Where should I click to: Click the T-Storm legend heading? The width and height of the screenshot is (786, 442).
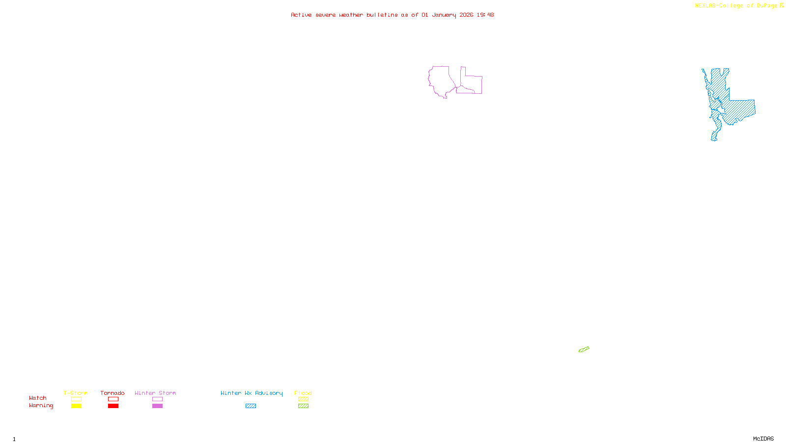76,393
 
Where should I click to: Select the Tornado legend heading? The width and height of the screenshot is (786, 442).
112,393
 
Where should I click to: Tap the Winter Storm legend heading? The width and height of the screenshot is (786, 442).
155,393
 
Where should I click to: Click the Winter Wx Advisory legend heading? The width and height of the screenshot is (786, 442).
252,393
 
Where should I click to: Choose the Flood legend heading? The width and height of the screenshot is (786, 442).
303,393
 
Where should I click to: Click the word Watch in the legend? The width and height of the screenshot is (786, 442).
38,398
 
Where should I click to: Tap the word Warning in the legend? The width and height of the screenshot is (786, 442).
41,406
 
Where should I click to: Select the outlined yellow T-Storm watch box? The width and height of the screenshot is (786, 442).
76,399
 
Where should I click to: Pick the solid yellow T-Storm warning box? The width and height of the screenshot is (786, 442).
76,406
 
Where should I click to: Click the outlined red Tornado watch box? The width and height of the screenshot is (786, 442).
113,399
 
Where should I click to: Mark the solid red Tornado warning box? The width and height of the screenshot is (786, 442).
113,406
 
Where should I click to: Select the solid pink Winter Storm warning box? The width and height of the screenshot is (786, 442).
157,406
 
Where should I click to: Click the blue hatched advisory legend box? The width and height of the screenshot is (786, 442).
251,406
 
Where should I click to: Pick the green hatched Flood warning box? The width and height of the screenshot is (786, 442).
303,406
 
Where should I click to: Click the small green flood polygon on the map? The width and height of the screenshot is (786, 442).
584,350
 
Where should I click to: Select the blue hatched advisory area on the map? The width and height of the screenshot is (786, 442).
737,110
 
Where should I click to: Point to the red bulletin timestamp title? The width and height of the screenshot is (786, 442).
392,15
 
